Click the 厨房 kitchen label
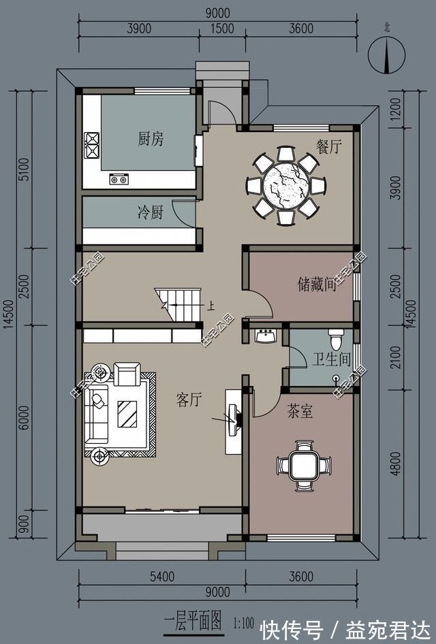point(151,140)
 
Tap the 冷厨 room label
point(151,213)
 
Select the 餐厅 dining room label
point(328,147)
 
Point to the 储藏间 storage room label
point(317,284)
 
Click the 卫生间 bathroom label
point(331,359)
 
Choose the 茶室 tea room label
point(300,411)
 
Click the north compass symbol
point(386,55)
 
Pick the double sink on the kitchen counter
point(119,180)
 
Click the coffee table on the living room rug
point(127,413)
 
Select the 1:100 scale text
point(243,622)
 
